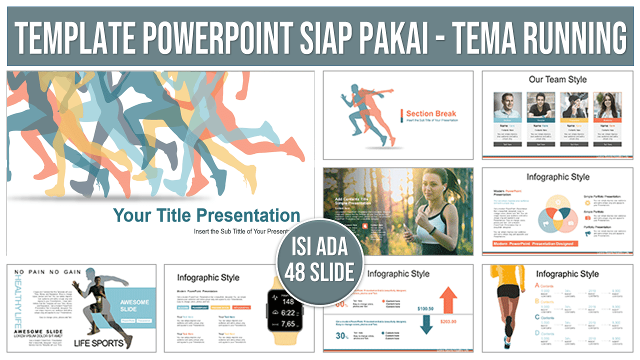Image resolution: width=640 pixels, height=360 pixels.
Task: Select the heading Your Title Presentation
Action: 206,215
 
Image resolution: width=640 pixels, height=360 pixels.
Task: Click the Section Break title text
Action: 431,113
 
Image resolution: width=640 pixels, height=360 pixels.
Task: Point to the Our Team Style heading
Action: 557,79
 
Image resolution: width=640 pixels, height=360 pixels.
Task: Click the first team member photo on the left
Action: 507,105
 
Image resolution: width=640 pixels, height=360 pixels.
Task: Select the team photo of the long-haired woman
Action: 607,105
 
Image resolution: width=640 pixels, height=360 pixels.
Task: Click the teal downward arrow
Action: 426,325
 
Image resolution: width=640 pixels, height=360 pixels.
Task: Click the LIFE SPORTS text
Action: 98,343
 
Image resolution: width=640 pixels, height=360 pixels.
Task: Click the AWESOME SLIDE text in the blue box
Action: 134,305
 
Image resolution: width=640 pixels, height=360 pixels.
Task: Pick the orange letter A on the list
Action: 537,285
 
